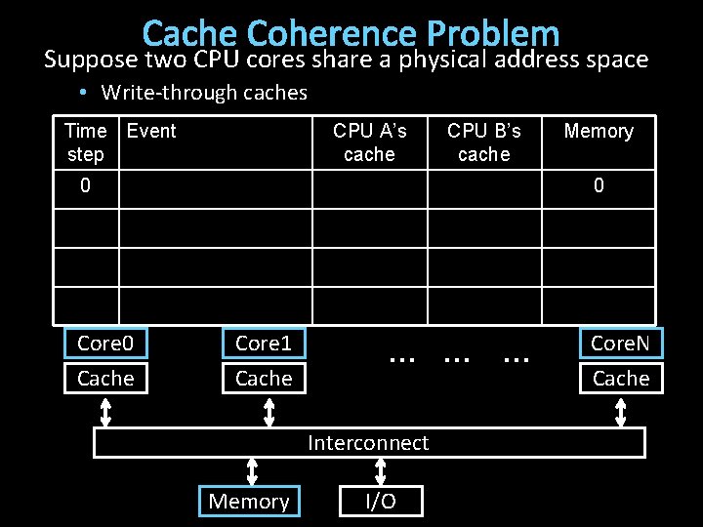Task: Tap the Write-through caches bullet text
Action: tap(204, 93)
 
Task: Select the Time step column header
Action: tap(85, 142)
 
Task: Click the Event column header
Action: tap(151, 131)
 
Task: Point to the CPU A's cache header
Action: tap(369, 142)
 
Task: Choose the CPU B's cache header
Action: tap(483, 142)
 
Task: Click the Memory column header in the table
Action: tap(599, 131)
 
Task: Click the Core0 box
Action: tap(105, 343)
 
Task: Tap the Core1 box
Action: tap(264, 343)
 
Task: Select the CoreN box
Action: tap(621, 343)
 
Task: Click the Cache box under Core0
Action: tap(105, 378)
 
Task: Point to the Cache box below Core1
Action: tap(264, 378)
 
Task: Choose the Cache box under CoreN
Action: tap(621, 378)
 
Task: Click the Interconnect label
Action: tap(368, 443)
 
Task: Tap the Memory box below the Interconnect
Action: tap(249, 502)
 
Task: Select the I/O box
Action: tap(381, 502)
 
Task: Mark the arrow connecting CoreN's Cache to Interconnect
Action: tap(621, 411)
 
